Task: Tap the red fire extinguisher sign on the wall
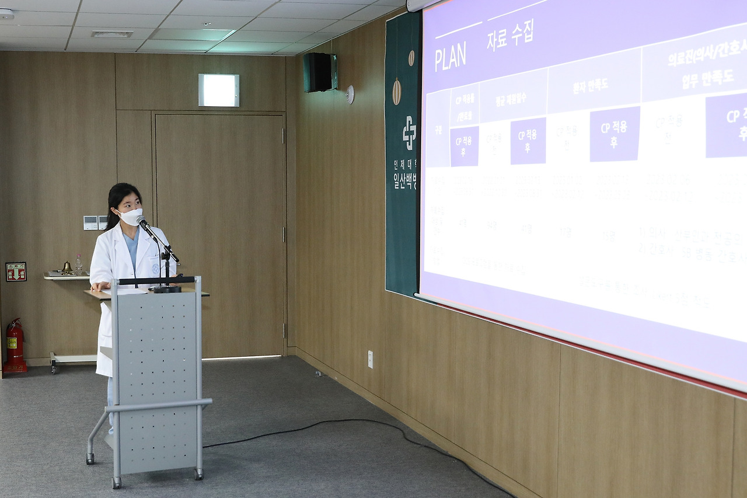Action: pyautogui.click(x=16, y=271)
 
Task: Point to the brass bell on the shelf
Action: pyautogui.click(x=67, y=267)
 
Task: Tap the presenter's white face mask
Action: pyautogui.click(x=131, y=217)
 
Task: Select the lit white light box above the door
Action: pyautogui.click(x=218, y=90)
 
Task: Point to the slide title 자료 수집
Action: pyautogui.click(x=510, y=35)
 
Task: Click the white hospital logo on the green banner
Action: pyautogui.click(x=409, y=133)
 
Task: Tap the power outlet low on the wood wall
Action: pyautogui.click(x=370, y=359)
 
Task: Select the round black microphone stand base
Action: pyautogui.click(x=167, y=288)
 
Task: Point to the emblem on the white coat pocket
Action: pyautogui.click(x=155, y=269)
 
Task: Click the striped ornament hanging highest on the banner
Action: pyautogui.click(x=411, y=58)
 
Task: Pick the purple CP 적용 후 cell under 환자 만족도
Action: pyautogui.click(x=614, y=134)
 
